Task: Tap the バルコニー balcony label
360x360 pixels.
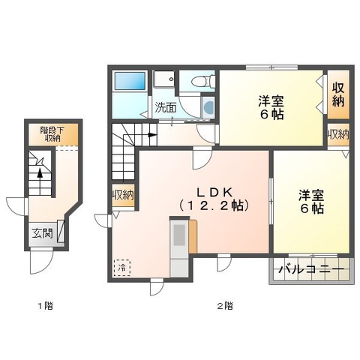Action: (x=311, y=270)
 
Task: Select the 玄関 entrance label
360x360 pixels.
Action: (x=43, y=232)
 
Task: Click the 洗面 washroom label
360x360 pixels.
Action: (x=166, y=107)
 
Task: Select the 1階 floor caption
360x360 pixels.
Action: (x=46, y=306)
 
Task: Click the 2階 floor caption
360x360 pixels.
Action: (x=225, y=306)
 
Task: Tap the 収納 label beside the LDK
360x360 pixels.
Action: (x=123, y=196)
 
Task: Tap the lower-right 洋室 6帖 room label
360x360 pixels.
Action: (x=310, y=201)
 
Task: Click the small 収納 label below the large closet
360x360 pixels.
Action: (x=338, y=135)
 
